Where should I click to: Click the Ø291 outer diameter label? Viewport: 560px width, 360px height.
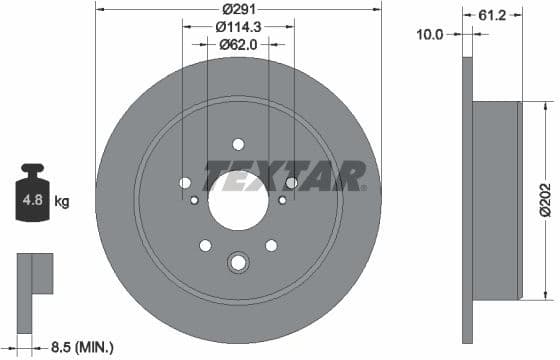pos(237,11)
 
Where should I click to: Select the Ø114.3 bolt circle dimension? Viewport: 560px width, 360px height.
pos(238,28)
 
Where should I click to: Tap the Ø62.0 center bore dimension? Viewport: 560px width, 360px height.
pos(238,44)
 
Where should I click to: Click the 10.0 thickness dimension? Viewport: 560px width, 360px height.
pos(430,33)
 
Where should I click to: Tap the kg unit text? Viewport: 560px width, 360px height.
pos(62,202)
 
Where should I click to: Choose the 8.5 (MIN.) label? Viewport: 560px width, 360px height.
pos(82,347)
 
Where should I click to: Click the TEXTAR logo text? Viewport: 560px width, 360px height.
pos(284,177)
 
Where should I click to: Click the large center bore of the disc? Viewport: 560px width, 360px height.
pos(238,200)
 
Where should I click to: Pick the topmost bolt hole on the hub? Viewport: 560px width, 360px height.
pos(238,143)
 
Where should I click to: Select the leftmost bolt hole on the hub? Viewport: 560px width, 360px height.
pos(184,183)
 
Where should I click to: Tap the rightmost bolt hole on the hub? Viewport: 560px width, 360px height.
pos(291,183)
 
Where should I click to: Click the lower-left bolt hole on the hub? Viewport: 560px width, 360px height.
pos(205,245)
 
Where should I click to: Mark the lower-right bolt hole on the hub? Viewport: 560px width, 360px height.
pos(271,245)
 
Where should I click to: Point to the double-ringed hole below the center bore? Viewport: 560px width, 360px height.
pos(238,263)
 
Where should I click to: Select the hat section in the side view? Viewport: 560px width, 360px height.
pos(496,199)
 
